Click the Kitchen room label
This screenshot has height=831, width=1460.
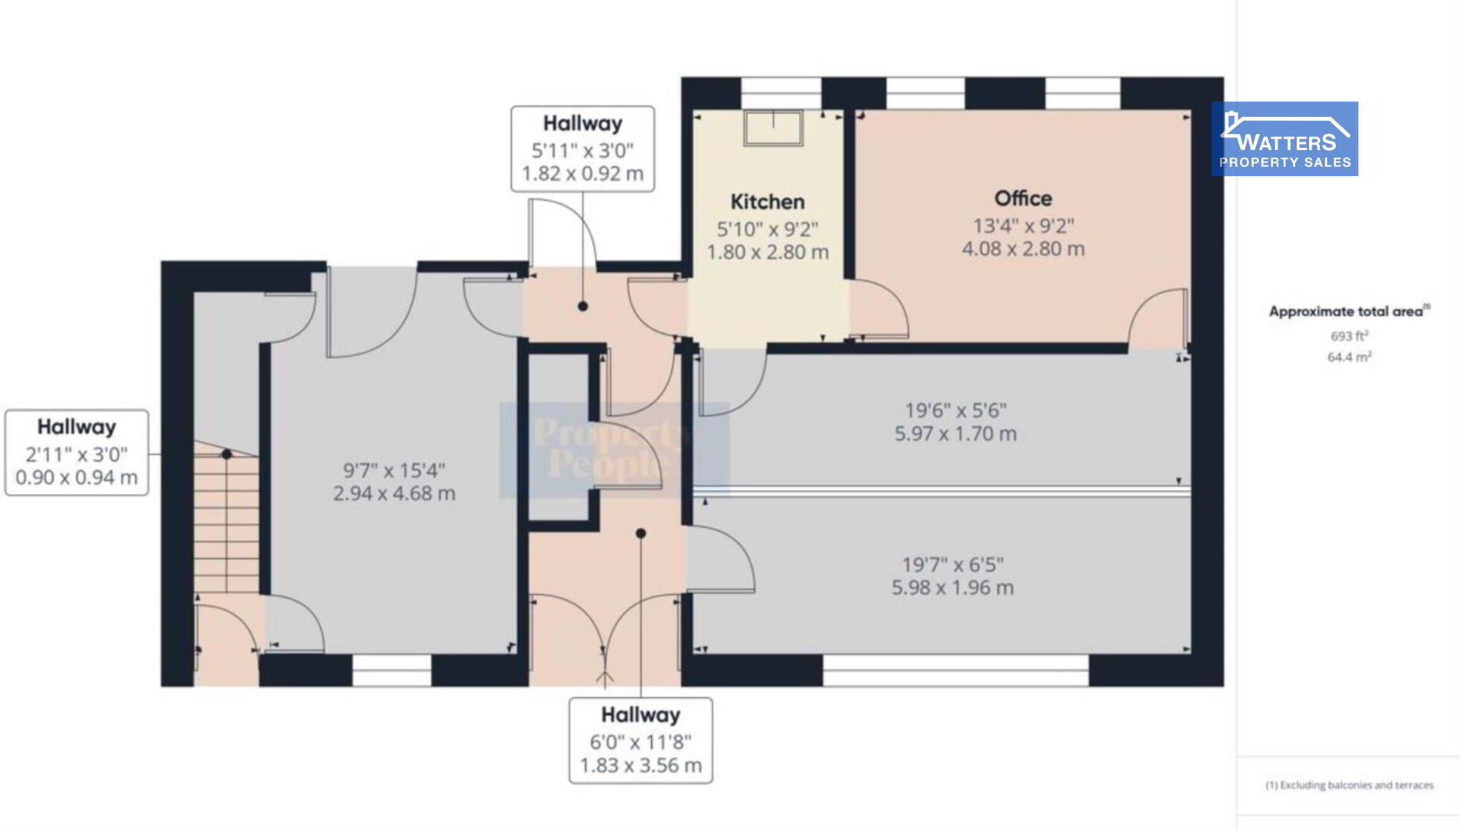coord(767,202)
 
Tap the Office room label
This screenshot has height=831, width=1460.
coord(1023,199)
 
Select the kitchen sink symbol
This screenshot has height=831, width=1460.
coord(773,128)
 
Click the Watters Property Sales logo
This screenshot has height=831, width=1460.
coord(1285,138)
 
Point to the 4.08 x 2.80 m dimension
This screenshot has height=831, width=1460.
coord(1023,249)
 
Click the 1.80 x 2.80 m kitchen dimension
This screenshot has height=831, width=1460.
coord(767,252)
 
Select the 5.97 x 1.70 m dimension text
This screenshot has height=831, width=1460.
coord(955,433)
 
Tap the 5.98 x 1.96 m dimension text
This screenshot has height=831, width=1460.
coord(953,587)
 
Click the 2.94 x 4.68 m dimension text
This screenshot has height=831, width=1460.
coord(394,493)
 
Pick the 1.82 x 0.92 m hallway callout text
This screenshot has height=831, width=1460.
coord(583,173)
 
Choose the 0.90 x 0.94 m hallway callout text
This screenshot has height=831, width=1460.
coord(77,477)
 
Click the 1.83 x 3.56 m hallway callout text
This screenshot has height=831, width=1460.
coord(640,766)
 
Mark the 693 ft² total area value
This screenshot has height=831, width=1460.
coord(1349,335)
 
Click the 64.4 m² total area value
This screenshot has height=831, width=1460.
coord(1349,356)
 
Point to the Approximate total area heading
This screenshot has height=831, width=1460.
coord(1349,311)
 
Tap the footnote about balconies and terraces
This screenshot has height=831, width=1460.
coord(1349,785)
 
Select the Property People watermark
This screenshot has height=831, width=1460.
coord(614,449)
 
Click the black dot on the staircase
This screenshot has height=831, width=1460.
coord(226,455)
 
